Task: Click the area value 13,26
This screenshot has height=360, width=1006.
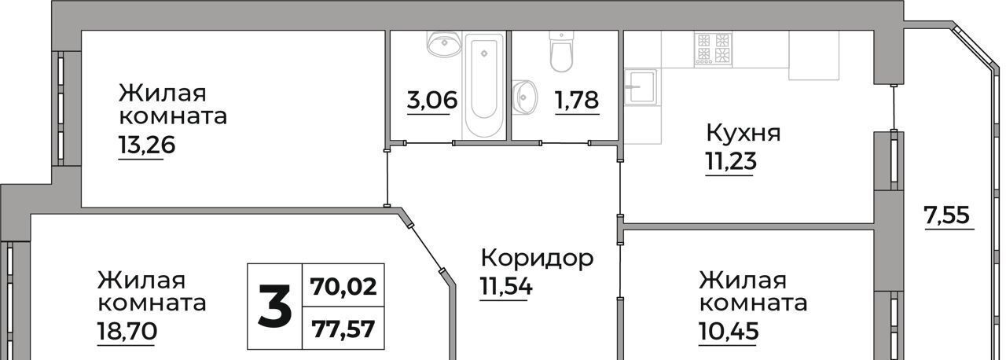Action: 146,145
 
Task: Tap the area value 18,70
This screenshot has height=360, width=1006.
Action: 127,331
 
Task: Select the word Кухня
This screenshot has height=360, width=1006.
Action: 743,133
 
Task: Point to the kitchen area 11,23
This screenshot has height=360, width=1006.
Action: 731,160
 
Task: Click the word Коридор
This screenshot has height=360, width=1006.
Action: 537,258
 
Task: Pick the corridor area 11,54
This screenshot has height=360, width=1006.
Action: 506,286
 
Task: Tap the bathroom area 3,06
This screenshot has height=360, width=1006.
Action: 432,100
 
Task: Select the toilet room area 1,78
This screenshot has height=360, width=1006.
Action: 577,100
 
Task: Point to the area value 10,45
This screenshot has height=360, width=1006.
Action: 729,331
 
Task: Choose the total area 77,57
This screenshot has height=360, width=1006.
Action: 343,329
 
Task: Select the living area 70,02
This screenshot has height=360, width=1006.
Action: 343,286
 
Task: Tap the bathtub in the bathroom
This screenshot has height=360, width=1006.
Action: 484,86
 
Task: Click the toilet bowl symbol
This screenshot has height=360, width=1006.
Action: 561,52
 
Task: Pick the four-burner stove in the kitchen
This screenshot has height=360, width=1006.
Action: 713,50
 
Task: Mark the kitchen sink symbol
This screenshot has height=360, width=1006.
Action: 641,86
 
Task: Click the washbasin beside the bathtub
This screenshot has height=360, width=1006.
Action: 445,44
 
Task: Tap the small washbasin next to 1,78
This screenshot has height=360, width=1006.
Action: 524,97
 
